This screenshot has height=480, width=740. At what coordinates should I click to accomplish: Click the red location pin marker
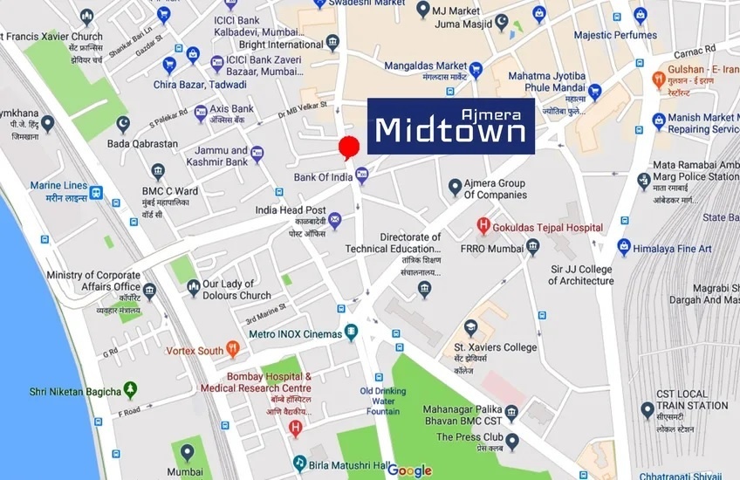pyautogui.click(x=349, y=147)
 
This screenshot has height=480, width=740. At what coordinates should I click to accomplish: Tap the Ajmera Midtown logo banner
pyautogui.click(x=450, y=126)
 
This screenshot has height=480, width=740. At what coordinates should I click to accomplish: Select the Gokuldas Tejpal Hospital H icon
pyautogui.click(x=483, y=228)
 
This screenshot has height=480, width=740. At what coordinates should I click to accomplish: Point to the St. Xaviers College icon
pyautogui.click(x=471, y=328)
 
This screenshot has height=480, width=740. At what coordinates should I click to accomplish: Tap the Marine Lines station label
pyautogui.click(x=58, y=191)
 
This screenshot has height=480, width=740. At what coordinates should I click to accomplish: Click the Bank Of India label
pyautogui.click(x=322, y=178)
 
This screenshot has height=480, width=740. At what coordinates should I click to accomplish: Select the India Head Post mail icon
pyautogui.click(x=335, y=222)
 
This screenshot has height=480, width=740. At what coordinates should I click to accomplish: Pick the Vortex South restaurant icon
pyautogui.click(x=232, y=350)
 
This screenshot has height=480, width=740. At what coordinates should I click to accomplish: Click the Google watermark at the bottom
pyautogui.click(x=409, y=470)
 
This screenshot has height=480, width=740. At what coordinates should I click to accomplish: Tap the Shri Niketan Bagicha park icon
pyautogui.click(x=131, y=390)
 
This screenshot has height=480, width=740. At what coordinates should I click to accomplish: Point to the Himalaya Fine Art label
pyautogui.click(x=673, y=249)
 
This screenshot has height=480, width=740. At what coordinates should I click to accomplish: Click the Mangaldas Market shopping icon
pyautogui.click(x=476, y=70)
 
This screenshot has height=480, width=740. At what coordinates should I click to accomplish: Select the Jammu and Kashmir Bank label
pyautogui.click(x=222, y=156)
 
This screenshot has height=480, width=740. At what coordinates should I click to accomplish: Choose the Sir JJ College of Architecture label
pyautogui.click(x=581, y=275)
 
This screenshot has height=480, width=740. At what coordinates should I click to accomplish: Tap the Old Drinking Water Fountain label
pyautogui.click(x=384, y=401)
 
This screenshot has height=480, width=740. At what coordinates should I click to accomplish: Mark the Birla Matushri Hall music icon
pyautogui.click(x=299, y=463)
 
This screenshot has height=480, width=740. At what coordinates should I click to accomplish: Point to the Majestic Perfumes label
pyautogui.click(x=615, y=35)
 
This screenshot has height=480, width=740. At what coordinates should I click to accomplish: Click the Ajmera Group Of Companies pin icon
pyautogui.click(x=455, y=187)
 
